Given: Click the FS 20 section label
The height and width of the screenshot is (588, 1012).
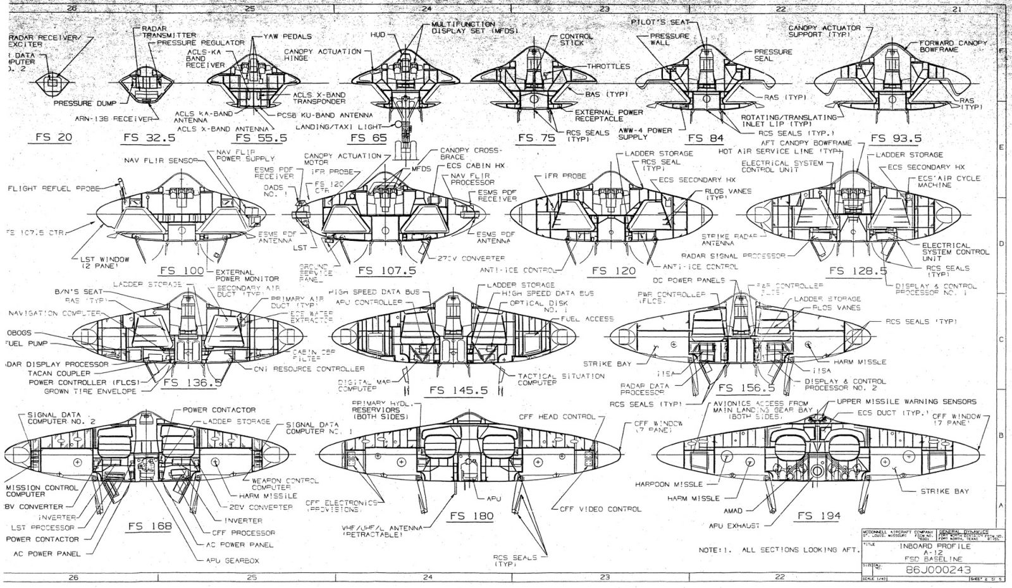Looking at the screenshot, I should click(x=54, y=137).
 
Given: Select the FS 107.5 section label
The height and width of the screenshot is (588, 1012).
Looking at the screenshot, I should click(x=386, y=271).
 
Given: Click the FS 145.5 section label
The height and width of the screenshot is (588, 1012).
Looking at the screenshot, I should click(x=459, y=390).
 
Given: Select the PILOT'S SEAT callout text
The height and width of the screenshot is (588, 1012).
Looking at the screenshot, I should click(x=660, y=22).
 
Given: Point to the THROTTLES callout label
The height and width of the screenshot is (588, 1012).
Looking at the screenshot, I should click(x=608, y=66).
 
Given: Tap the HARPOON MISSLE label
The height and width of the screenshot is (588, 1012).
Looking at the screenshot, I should click(x=669, y=484).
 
